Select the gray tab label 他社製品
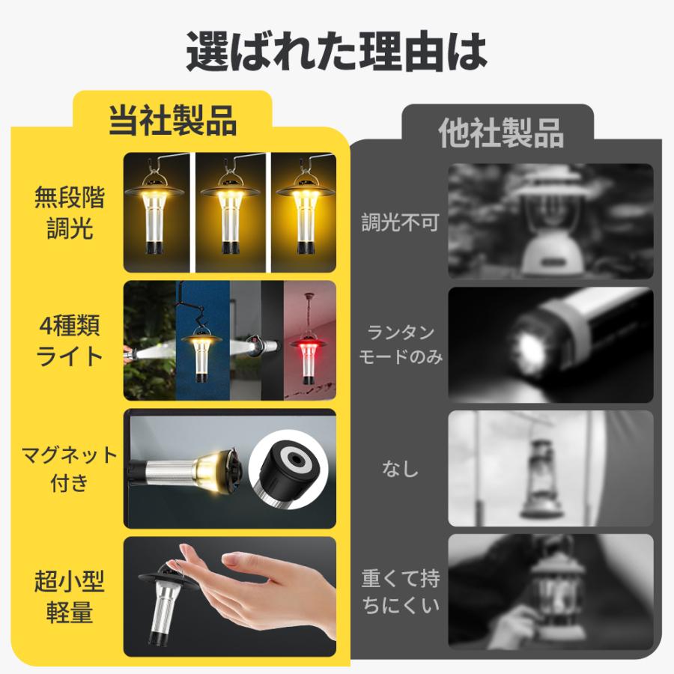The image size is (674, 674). coord(501,133)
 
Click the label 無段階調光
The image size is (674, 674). coord(69,213)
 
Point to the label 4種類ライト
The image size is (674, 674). coord(69,341)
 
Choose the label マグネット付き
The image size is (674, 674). coord(69,468)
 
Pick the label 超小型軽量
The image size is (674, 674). coord(69,596)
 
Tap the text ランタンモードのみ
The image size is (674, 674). coord(400,344)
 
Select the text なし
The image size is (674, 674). coord(400,470)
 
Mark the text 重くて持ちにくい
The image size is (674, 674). coord(400,592)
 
